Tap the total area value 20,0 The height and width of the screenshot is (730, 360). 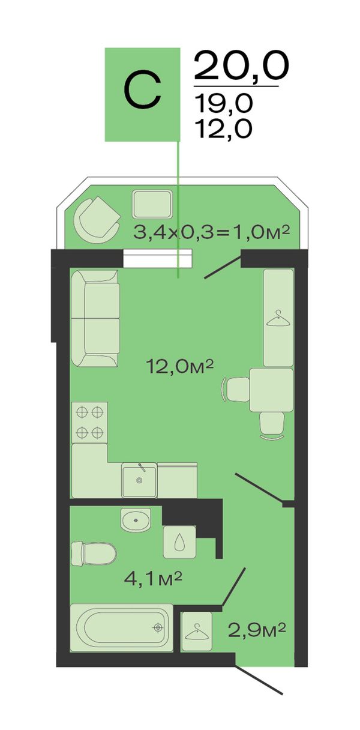(241, 66)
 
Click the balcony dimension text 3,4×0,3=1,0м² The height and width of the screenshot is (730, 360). (211, 233)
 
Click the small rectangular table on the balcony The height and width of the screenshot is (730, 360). (152, 204)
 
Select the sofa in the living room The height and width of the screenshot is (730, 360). (95, 318)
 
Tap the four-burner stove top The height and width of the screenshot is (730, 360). (89, 423)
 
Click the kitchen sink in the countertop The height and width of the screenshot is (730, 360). (139, 480)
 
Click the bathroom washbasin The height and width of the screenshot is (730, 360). (136, 520)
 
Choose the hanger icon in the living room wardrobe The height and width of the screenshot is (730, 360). (278, 318)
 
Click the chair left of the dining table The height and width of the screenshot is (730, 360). (236, 390)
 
